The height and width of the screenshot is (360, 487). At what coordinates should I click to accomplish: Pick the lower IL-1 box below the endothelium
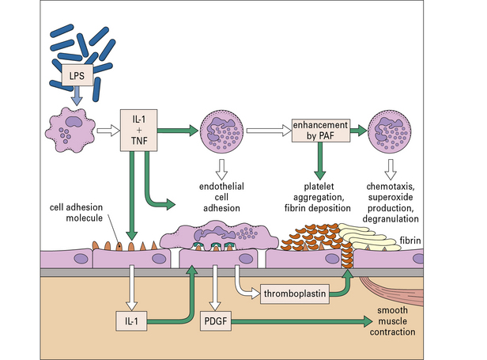pyautogui.click(x=129, y=321)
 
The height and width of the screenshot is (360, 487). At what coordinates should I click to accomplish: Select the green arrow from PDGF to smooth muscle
pyautogui.click(x=300, y=321)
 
